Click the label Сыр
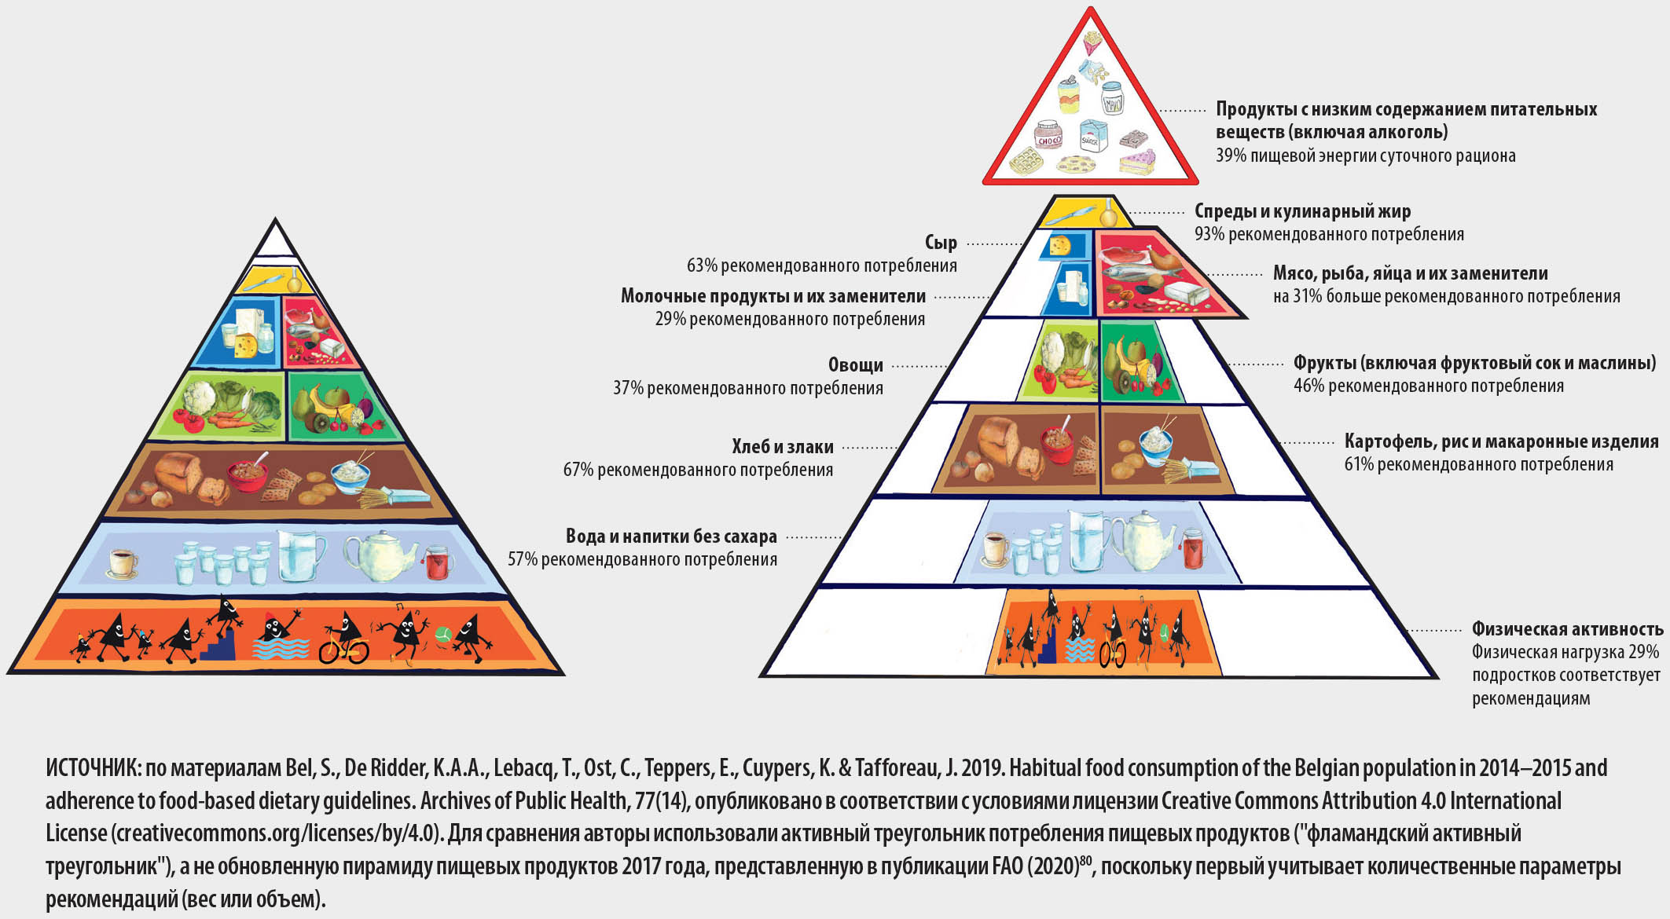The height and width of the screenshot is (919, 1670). click(941, 243)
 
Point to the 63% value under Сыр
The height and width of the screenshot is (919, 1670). click(702, 265)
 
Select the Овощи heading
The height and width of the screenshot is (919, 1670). click(856, 365)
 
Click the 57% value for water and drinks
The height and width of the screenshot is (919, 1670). click(523, 559)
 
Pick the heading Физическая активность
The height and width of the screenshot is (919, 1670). click(1567, 629)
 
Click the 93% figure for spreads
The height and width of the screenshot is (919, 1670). click(1209, 234)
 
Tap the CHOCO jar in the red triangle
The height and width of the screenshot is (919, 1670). click(1048, 137)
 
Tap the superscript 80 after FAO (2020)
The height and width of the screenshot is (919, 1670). click(1085, 861)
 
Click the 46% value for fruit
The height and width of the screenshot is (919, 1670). click(1308, 386)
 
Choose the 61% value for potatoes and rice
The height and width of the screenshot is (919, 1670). click(1358, 464)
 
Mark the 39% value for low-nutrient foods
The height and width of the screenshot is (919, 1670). click(1231, 156)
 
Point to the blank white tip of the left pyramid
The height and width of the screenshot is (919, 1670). click(275, 241)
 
